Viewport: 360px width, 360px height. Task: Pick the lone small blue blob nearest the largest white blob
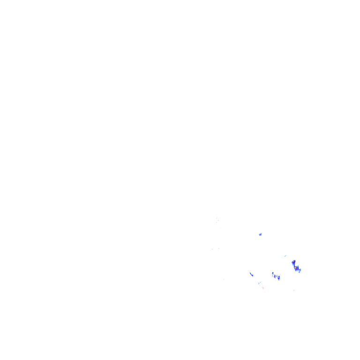pyautogui.click(x=260, y=234)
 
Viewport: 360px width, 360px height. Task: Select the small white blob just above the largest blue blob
pyautogui.click(x=285, y=255)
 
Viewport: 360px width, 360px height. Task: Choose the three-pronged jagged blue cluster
pyautogui.click(x=276, y=277)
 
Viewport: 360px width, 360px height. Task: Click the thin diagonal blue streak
pyautogui.click(x=252, y=274)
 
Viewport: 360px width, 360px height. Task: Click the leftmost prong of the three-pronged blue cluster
pyautogui.click(x=272, y=274)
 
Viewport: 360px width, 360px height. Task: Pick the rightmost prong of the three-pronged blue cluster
pyautogui.click(x=279, y=278)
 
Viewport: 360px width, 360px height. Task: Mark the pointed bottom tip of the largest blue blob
pyautogui.click(x=299, y=274)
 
